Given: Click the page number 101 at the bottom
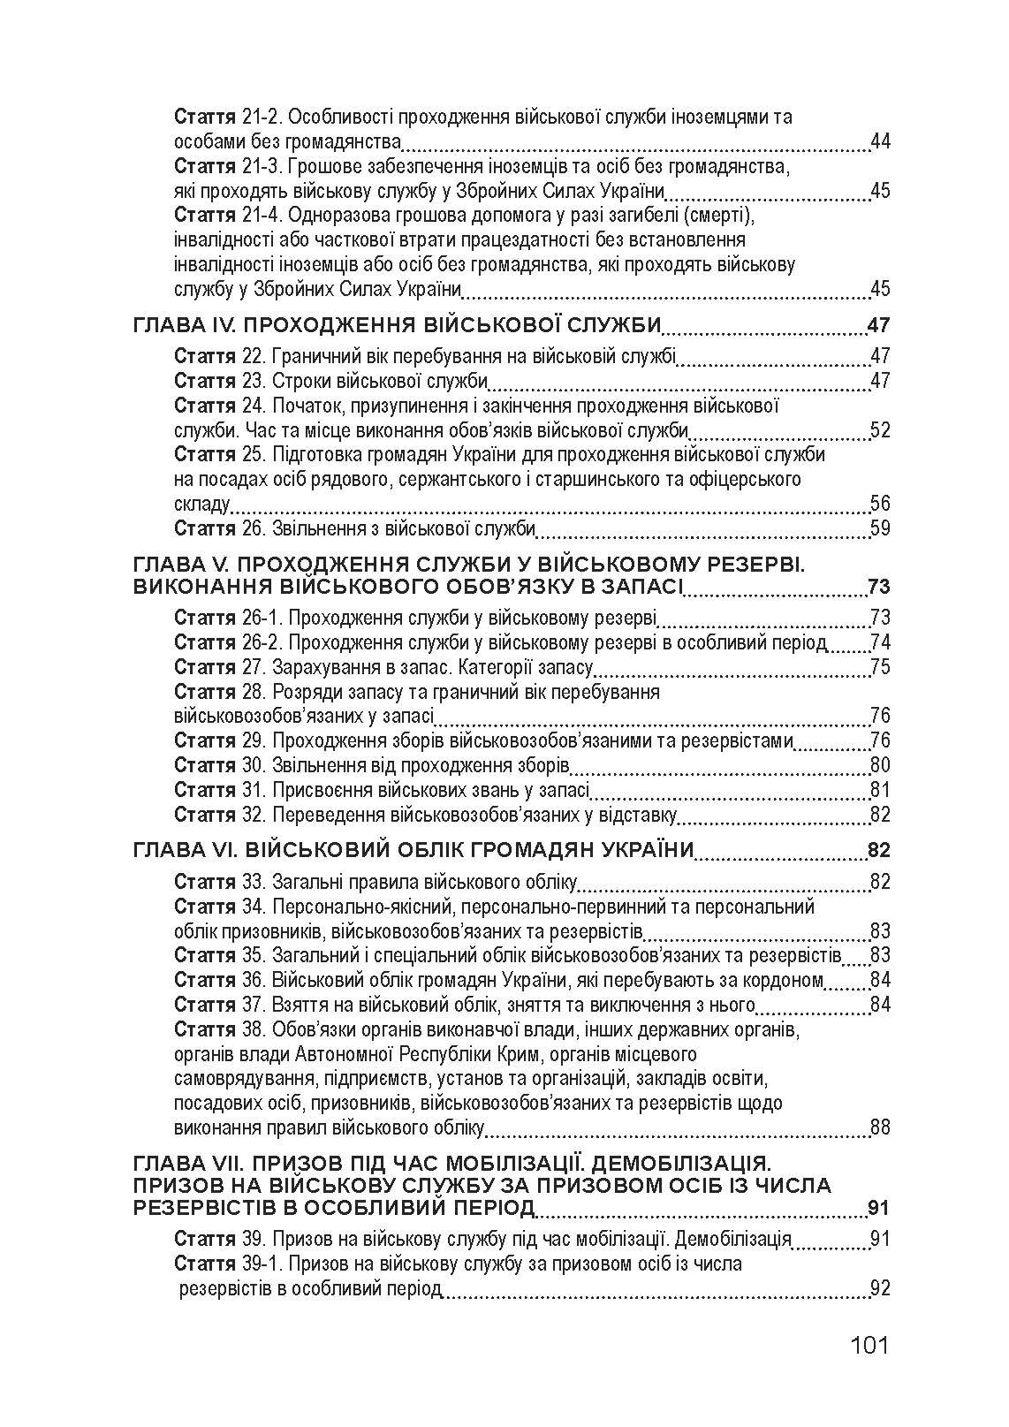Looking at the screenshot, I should (x=869, y=1347).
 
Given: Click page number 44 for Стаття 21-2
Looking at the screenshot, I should (x=879, y=141).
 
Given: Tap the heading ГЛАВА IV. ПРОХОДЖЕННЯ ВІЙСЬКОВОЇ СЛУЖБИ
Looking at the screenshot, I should (x=397, y=325).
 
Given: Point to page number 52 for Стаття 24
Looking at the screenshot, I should (x=879, y=430).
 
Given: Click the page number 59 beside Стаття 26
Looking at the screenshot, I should (x=879, y=528).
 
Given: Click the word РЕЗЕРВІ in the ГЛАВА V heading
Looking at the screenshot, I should (x=752, y=564).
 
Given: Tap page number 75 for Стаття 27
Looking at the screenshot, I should (x=879, y=667).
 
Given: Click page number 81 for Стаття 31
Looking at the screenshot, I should (x=879, y=790).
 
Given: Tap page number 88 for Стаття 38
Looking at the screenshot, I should (x=879, y=1127).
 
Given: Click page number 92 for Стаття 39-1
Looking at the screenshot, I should (x=879, y=1288).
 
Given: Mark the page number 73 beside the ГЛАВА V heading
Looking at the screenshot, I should (x=878, y=588).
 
